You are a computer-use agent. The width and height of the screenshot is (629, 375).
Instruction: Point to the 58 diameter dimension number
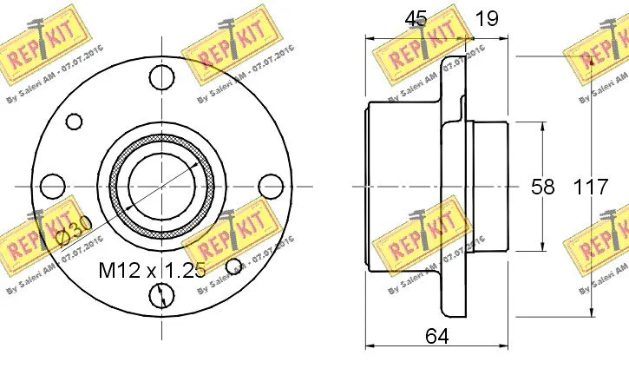543,187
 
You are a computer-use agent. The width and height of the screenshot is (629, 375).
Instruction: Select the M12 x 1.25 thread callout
152,269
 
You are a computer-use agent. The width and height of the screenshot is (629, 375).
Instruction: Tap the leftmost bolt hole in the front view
54,186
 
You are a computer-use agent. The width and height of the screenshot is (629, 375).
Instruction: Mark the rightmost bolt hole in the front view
271,186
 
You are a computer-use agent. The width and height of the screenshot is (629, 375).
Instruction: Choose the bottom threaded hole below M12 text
162,295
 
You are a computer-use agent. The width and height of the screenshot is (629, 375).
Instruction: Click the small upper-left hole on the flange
75,122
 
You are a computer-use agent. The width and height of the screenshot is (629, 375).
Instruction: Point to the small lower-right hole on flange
233,266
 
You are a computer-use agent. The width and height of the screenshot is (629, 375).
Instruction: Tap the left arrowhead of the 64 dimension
370,346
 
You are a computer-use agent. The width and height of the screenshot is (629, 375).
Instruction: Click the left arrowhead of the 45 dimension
370,37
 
